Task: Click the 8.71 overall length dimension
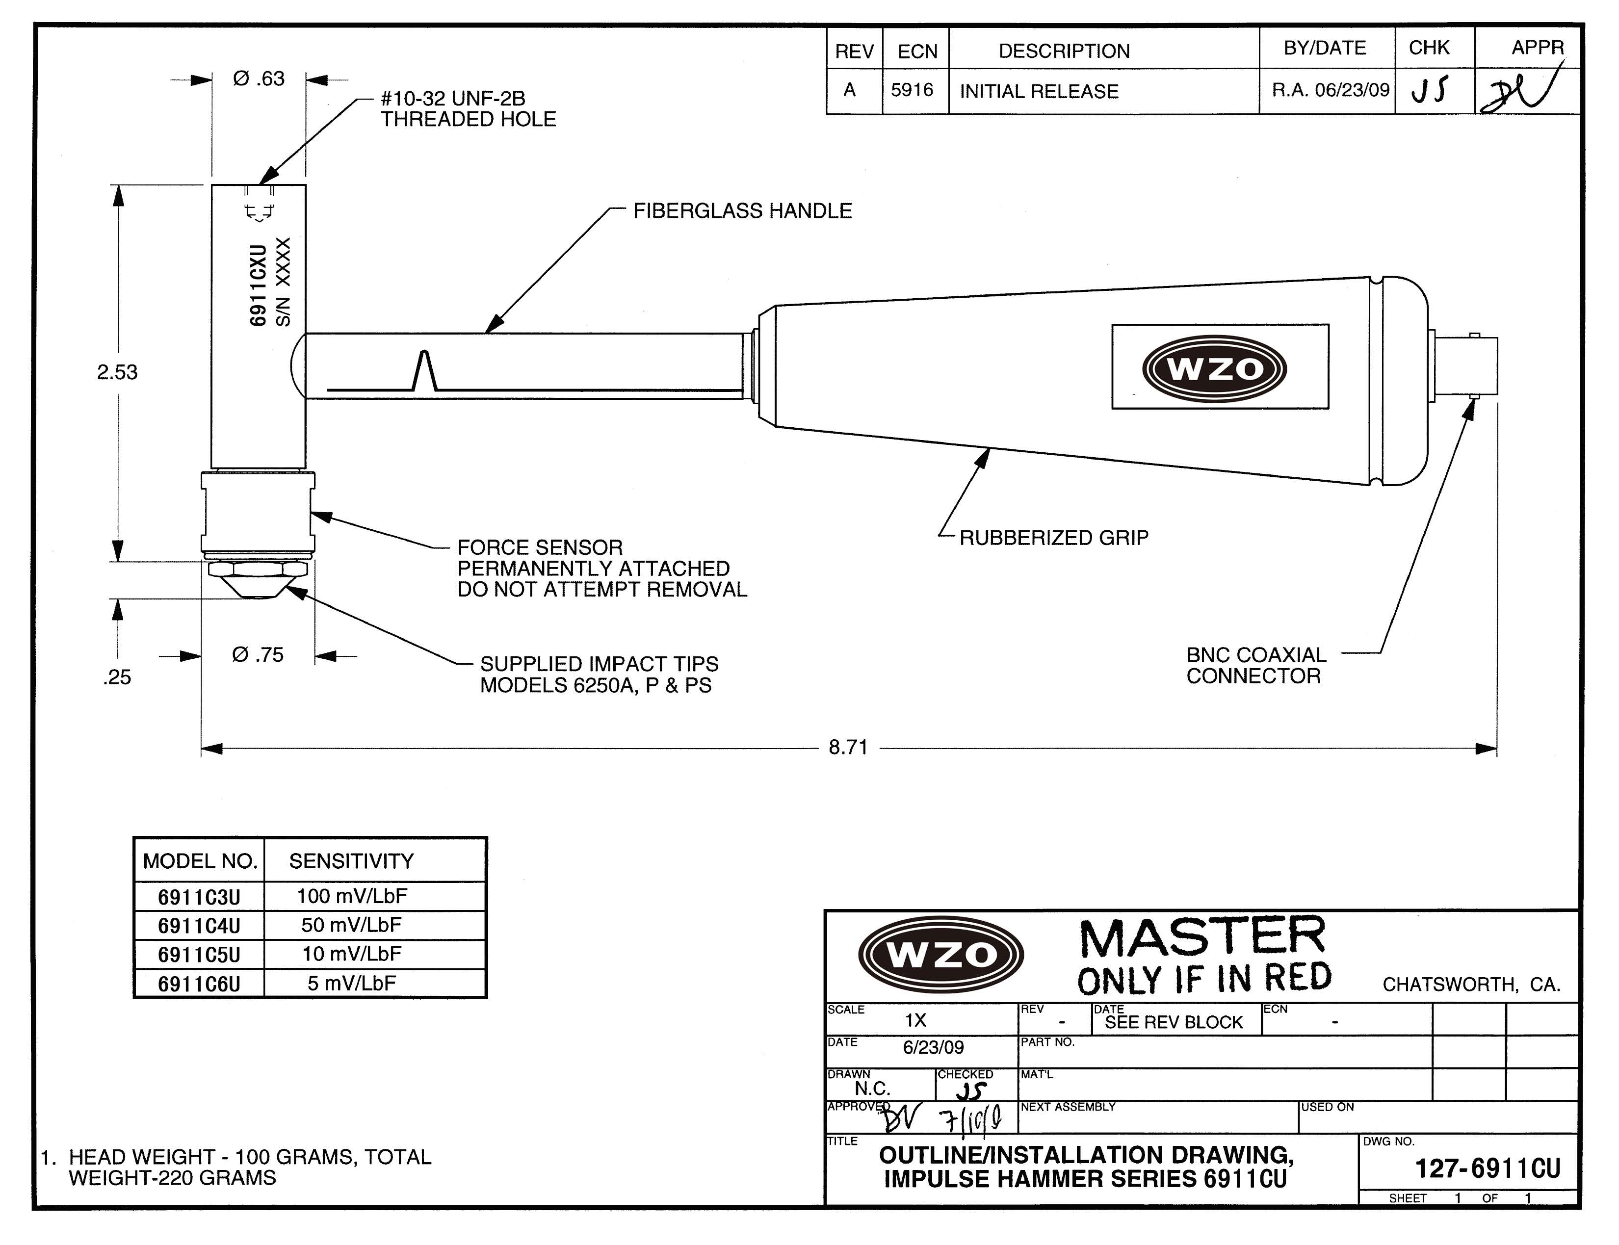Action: click(848, 747)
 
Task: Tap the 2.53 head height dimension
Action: click(117, 372)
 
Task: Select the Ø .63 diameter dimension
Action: click(259, 78)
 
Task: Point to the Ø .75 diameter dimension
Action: click(258, 655)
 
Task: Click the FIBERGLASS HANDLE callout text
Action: click(742, 211)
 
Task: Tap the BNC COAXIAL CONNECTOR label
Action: click(1256, 666)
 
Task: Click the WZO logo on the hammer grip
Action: click(1214, 368)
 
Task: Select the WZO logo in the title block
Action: click(941, 955)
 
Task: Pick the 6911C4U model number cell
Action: click(199, 926)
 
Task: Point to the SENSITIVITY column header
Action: click(351, 861)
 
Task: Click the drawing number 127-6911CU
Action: click(1488, 1168)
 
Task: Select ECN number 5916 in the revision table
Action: click(912, 90)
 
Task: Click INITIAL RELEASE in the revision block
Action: click(1039, 91)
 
